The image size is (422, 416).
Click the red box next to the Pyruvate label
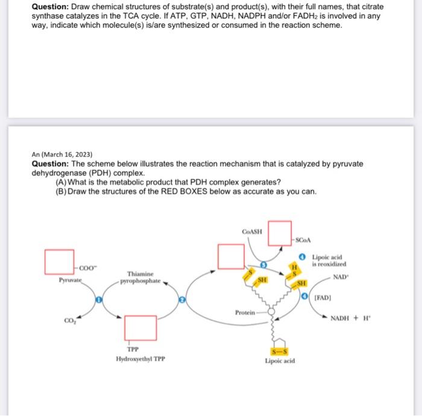coord(59,260)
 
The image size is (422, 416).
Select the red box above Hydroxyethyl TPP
coord(140,328)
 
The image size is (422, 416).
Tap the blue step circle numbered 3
coord(263,264)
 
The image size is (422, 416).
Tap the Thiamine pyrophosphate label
coord(140,278)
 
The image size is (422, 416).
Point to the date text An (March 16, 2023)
coord(61,154)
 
